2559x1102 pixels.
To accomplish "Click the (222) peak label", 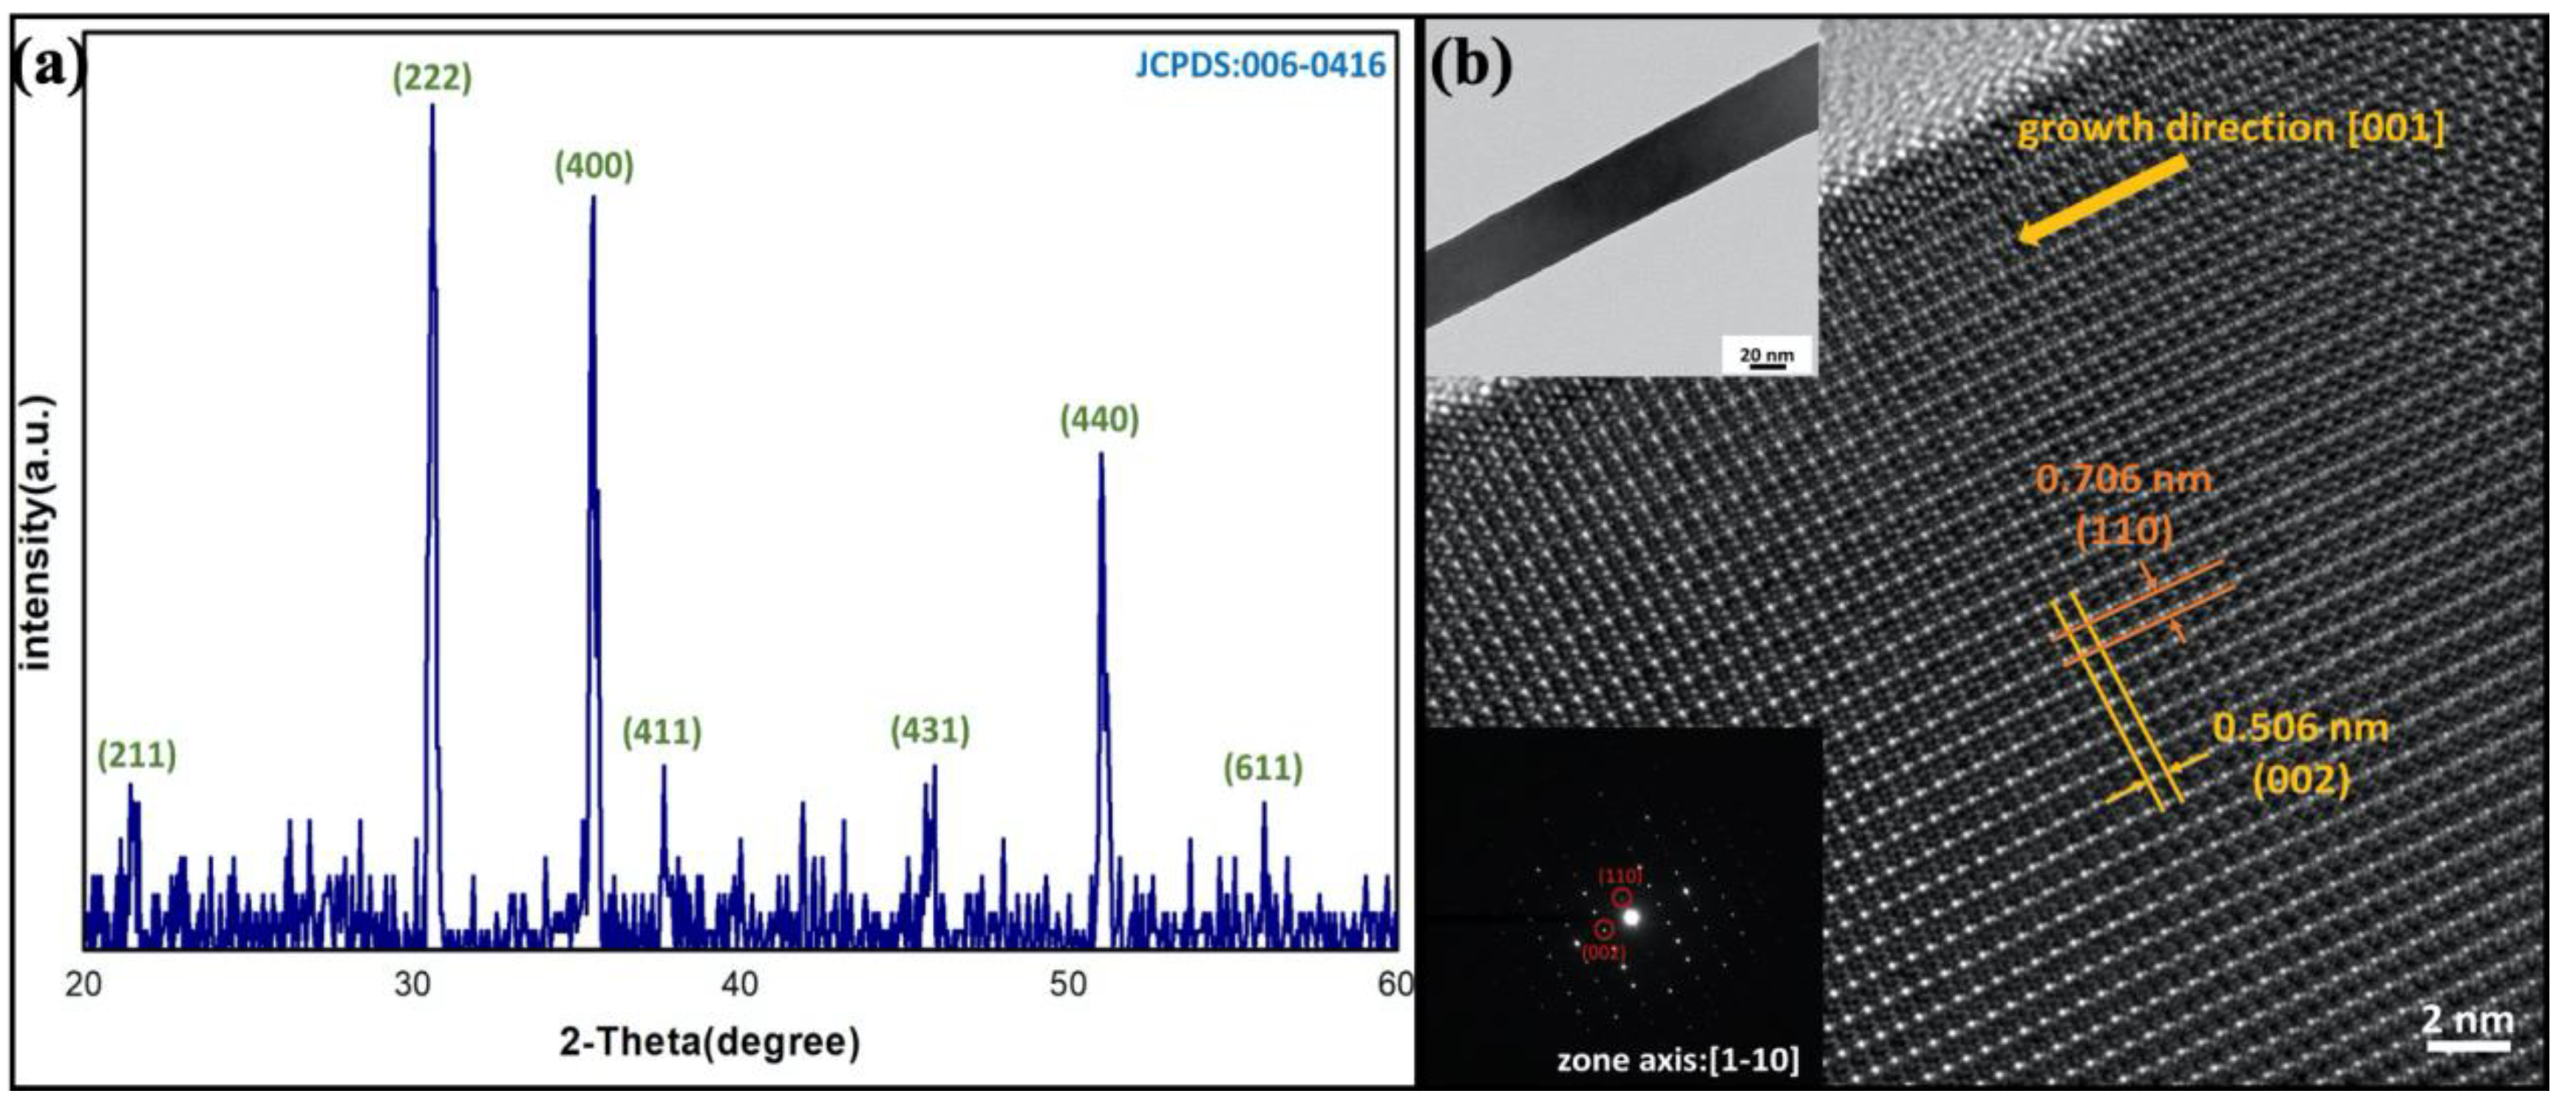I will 432,78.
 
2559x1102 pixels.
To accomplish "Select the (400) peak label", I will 594,165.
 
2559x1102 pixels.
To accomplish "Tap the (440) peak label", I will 1100,419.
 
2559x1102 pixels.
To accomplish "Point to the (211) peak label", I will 137,755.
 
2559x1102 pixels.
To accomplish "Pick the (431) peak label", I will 930,731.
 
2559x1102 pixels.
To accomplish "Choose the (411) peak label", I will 662,731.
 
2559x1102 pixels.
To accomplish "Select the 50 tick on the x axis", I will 1069,984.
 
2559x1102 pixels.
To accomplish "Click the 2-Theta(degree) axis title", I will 710,1042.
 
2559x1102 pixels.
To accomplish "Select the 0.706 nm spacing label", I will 2124,480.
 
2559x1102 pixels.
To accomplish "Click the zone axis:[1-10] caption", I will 1678,1061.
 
